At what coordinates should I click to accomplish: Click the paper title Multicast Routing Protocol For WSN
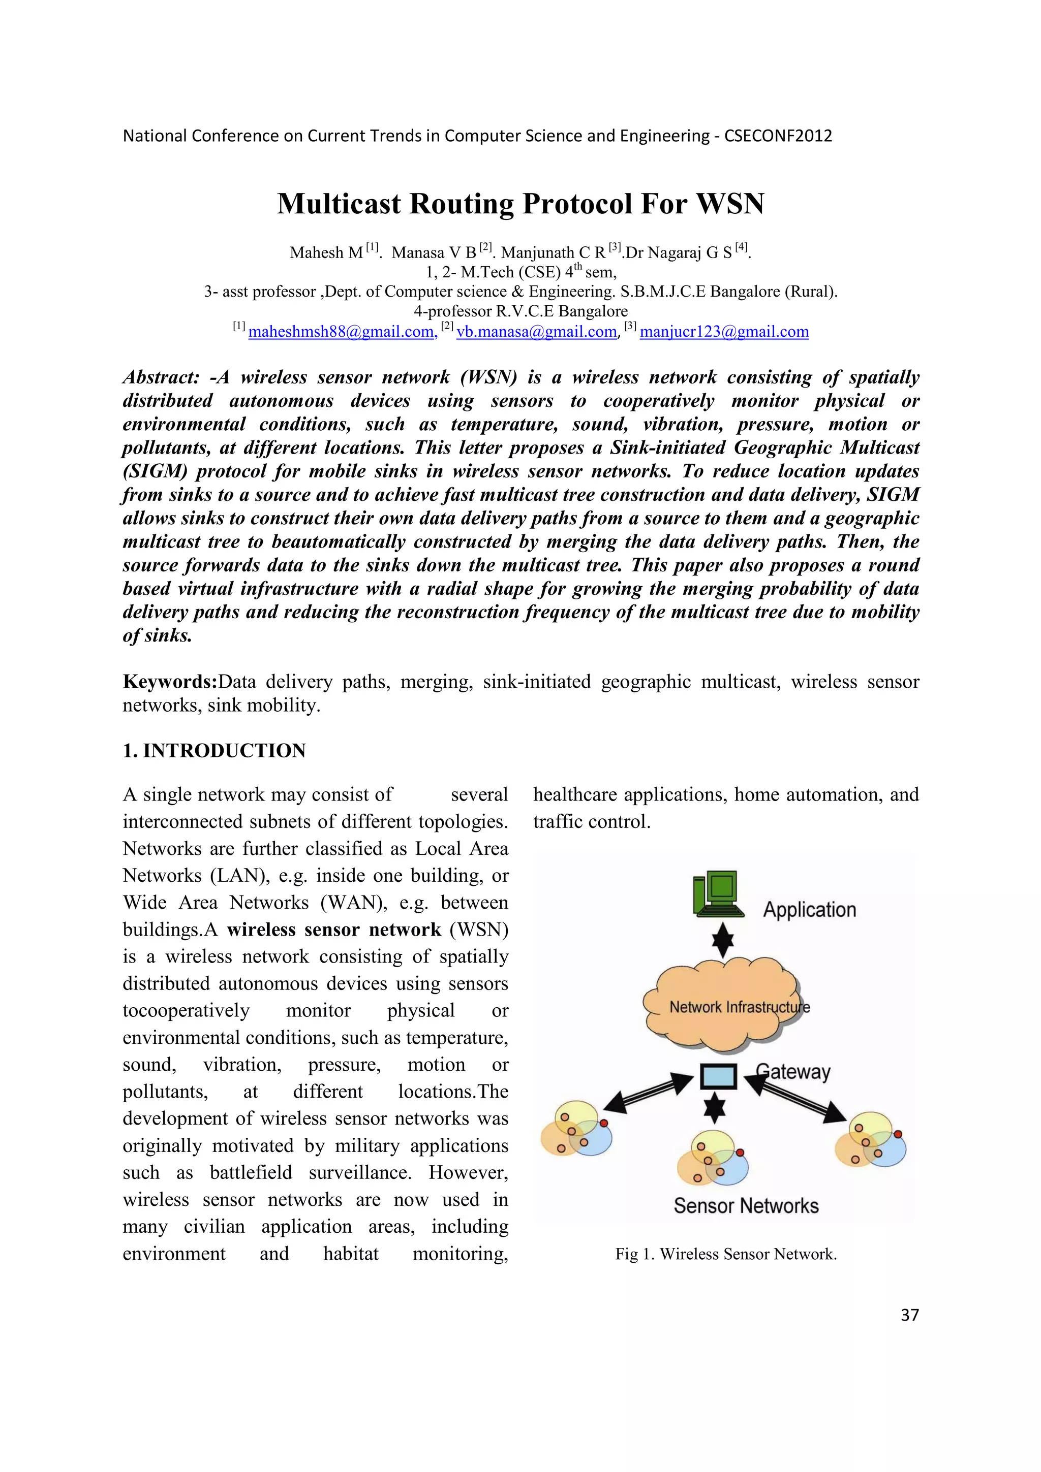520,204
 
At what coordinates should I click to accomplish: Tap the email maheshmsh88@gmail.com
342,332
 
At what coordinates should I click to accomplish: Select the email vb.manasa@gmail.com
536,332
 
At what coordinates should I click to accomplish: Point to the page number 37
909,1315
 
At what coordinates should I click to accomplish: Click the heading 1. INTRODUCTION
214,750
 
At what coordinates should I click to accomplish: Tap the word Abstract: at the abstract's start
161,377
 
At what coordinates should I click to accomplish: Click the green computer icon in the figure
718,893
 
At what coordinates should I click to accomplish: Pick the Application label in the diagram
809,910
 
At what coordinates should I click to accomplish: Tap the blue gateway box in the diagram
718,1076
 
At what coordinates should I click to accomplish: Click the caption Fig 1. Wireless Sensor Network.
725,1254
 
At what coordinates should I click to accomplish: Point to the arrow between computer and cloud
723,940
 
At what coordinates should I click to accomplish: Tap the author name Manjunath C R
553,252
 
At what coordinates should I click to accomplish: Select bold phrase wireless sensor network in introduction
333,930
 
